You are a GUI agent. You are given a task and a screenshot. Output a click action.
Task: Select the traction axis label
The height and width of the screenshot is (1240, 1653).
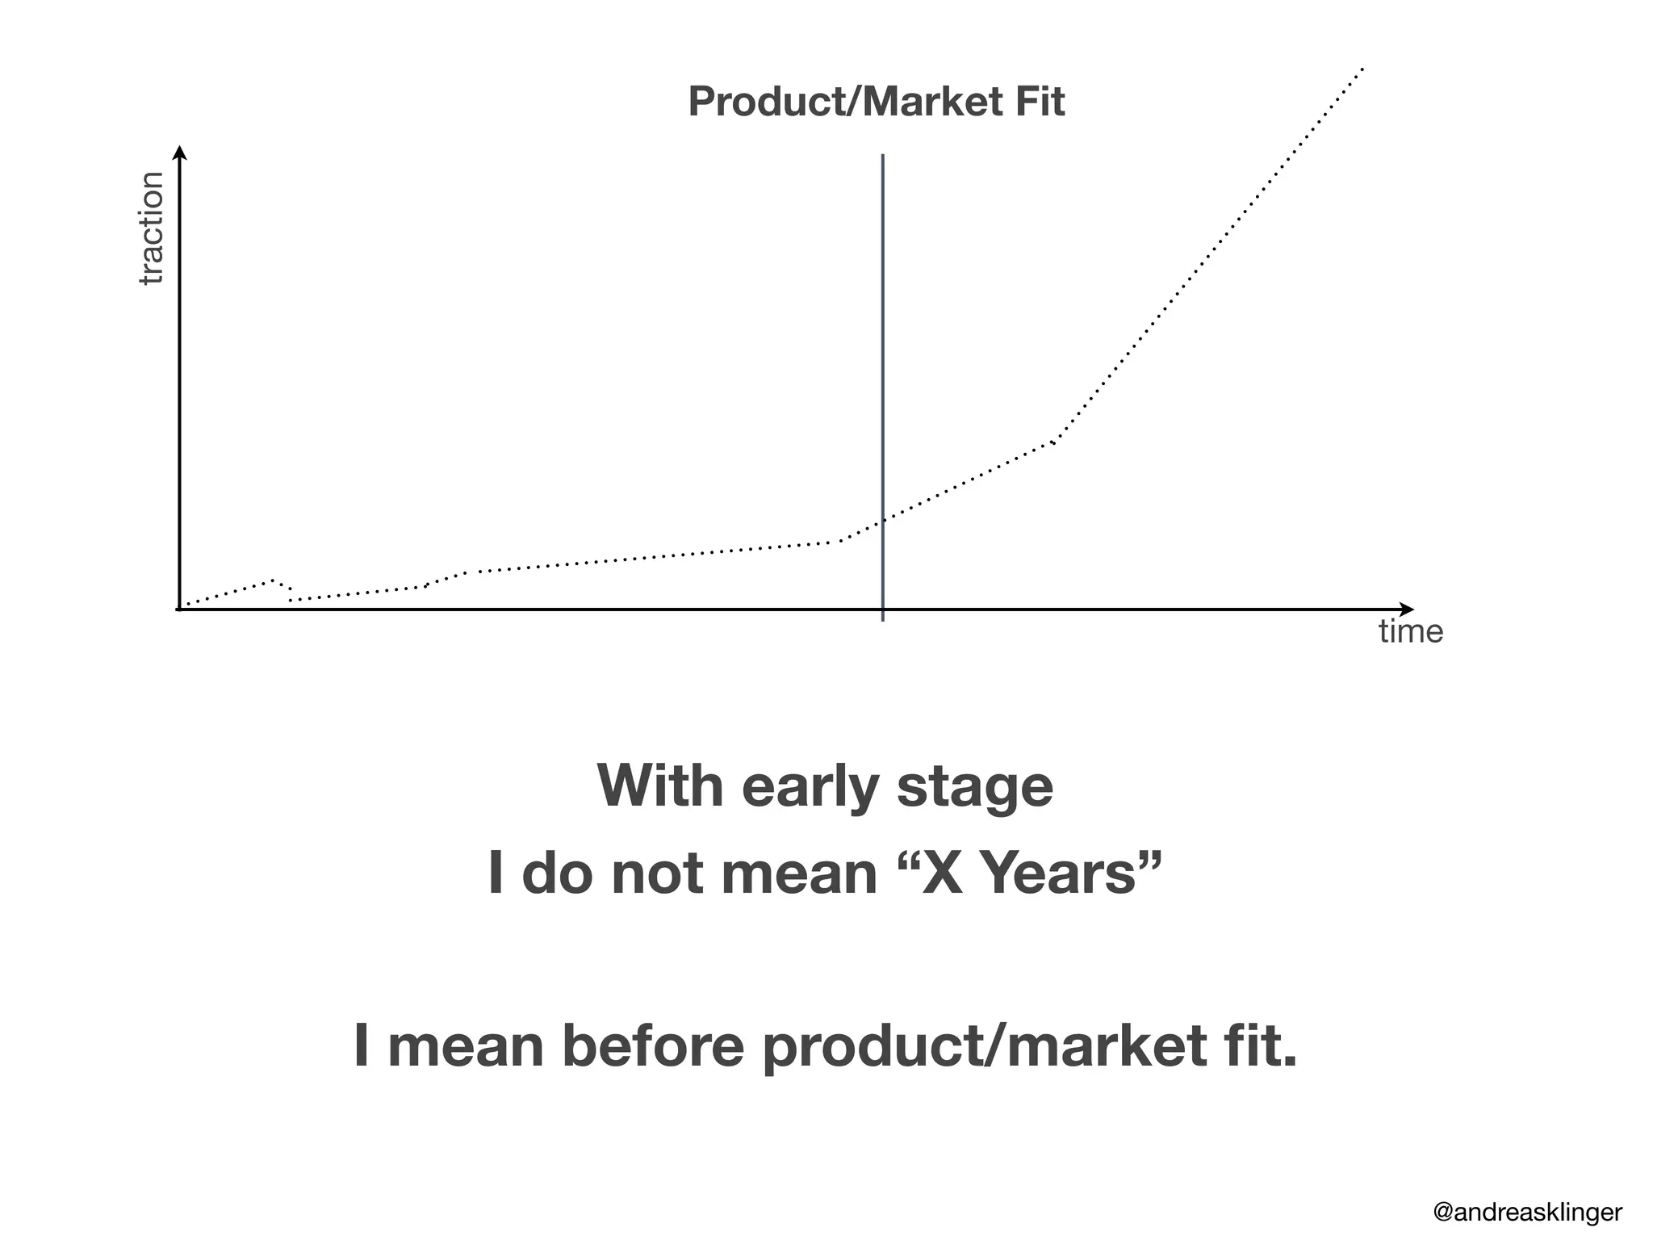pos(151,228)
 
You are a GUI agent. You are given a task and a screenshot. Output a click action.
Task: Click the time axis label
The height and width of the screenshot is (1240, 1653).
pos(1410,631)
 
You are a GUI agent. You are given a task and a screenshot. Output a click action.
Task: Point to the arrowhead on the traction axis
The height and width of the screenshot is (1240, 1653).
pos(180,153)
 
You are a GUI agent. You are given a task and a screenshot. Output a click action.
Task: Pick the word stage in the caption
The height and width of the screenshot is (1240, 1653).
pos(975,787)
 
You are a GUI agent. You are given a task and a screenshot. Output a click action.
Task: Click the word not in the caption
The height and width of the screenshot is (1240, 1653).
pos(663,875)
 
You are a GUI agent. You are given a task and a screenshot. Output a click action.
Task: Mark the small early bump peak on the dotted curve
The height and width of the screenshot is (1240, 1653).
pos(274,580)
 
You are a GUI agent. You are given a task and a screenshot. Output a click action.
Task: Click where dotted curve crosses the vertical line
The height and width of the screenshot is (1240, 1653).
pos(883,521)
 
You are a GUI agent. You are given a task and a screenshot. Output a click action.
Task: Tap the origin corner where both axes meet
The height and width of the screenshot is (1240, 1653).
pos(180,610)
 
